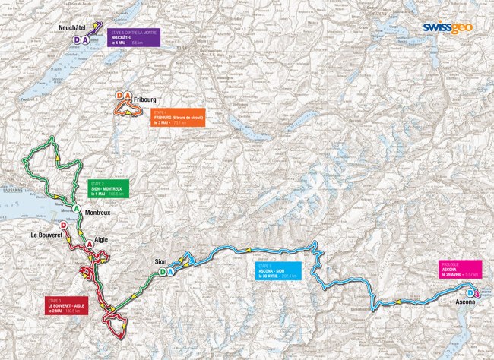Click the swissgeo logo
click(451, 28)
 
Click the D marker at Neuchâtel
click(76, 40)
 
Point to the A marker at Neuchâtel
click(86, 40)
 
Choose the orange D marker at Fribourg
click(120, 96)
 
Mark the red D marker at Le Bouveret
click(63, 226)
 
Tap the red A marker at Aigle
click(90, 243)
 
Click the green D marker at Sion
click(163, 272)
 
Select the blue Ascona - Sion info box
click(276, 271)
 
